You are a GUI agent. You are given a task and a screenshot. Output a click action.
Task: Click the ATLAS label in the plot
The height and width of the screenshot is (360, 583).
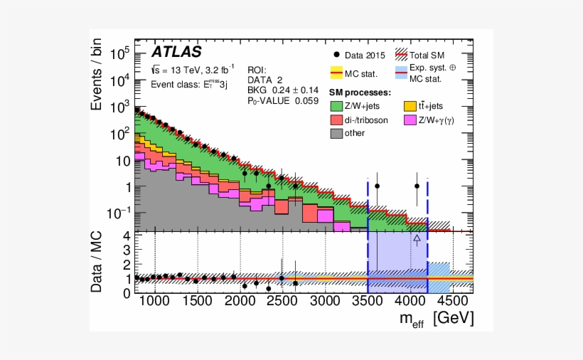[177, 53]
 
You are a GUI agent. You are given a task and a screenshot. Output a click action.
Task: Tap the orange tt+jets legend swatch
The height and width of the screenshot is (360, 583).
[410, 106]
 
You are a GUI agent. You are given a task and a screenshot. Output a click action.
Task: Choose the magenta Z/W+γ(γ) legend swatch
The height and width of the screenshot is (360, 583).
[410, 120]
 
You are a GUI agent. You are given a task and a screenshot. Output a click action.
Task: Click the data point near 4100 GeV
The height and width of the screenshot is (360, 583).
[417, 186]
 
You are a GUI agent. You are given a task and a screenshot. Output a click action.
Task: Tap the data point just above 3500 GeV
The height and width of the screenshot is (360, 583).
[377, 186]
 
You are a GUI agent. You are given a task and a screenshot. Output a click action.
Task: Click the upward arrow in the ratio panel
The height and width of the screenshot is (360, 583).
[417, 240]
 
